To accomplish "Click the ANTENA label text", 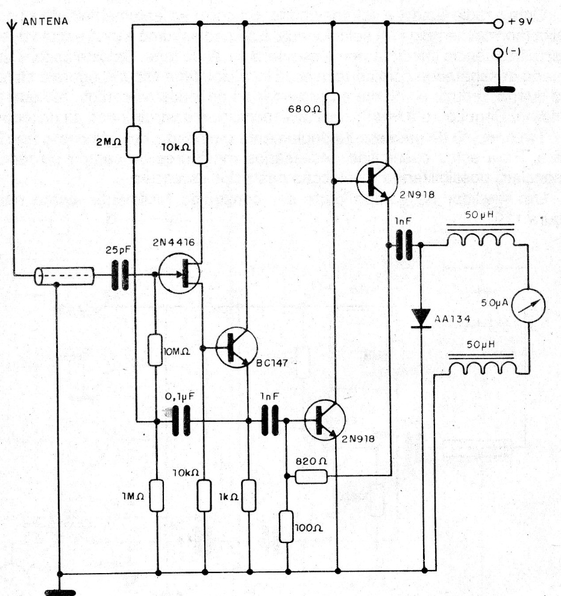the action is point(45,21).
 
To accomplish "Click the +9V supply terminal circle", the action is point(498,24).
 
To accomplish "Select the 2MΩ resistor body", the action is point(133,142).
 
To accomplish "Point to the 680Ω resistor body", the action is point(332,108).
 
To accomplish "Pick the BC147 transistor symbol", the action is point(236,347).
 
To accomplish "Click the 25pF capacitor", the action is point(120,275).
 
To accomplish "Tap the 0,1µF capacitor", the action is point(181,421).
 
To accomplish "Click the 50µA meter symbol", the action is point(528,306).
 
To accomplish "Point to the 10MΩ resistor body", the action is point(155,350).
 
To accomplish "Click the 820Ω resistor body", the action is point(312,476).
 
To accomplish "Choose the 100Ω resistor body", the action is point(286,527).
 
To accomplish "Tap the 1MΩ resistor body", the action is point(157,495).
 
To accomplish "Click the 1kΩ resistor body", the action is point(249,495).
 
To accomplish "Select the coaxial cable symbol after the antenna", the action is point(64,276).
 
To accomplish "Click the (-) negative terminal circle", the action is point(498,53).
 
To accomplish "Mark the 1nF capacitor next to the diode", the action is point(404,245).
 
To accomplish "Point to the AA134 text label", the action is point(453,319).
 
